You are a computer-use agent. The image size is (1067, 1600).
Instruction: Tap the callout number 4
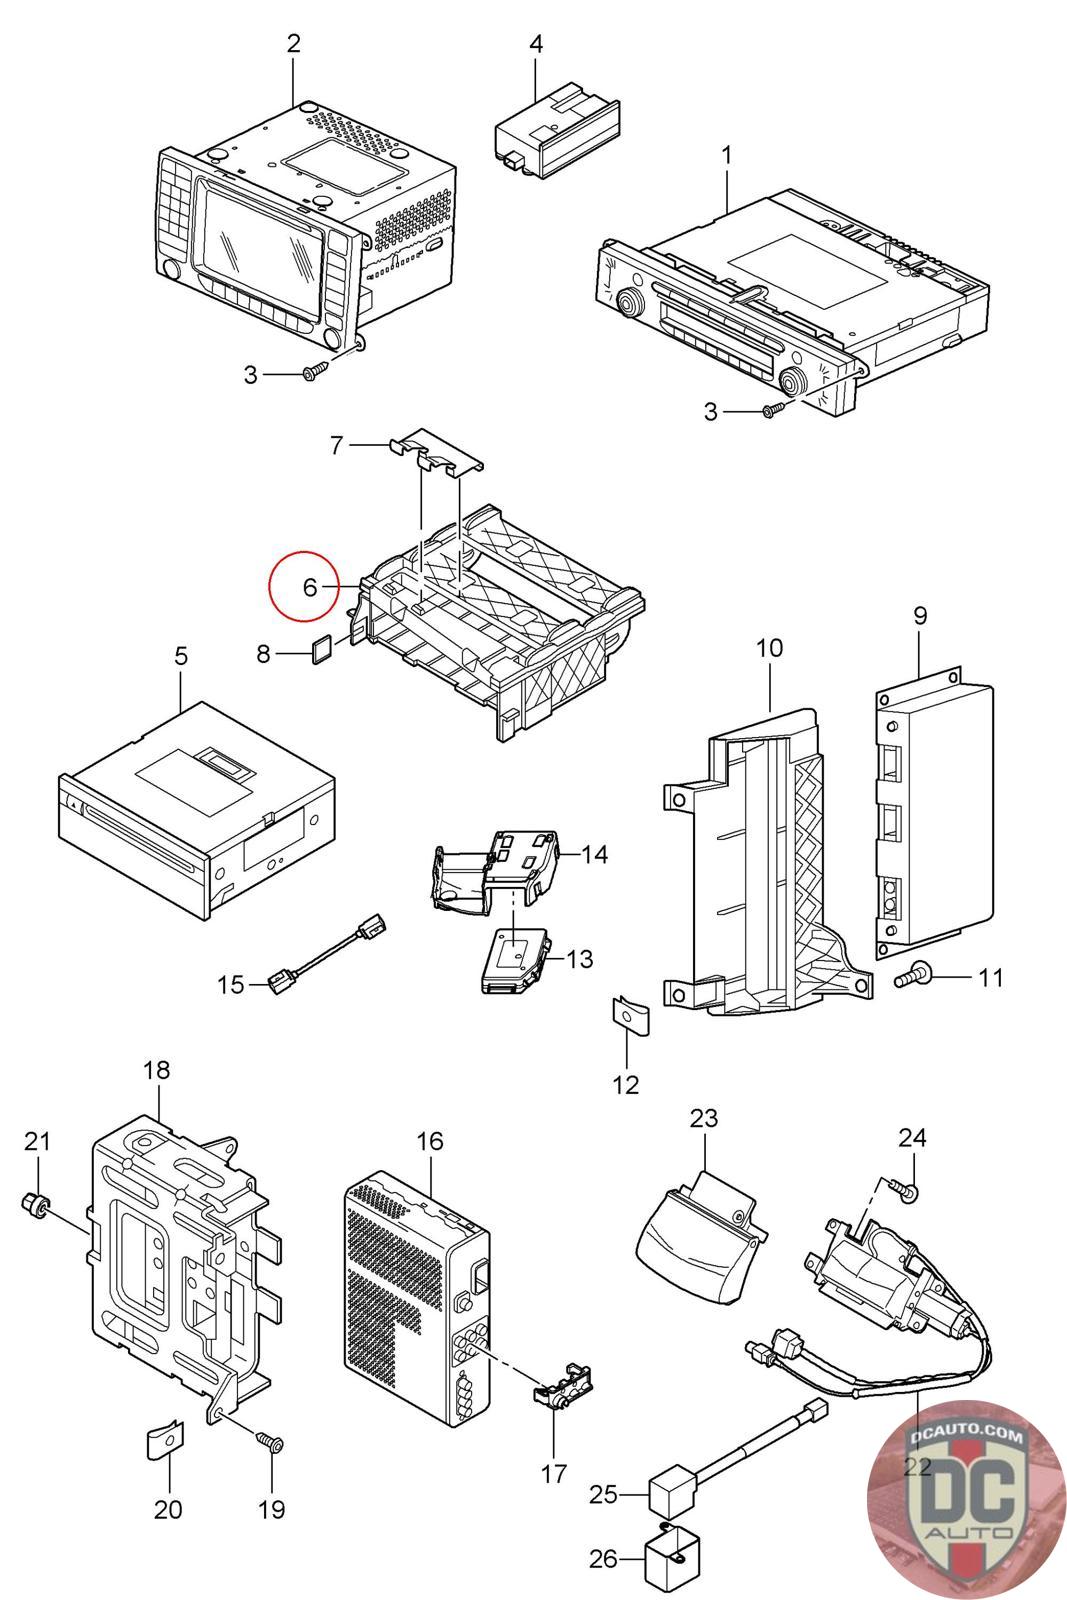pos(536,44)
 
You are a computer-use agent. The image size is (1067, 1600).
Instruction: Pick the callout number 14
pos(594,854)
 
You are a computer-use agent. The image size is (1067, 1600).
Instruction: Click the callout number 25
pos(603,1494)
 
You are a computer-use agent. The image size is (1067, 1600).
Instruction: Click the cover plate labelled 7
pos(436,451)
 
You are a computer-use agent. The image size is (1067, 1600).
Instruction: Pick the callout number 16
pos(429,1141)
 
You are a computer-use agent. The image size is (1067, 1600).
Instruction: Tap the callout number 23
pos(703,1118)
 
